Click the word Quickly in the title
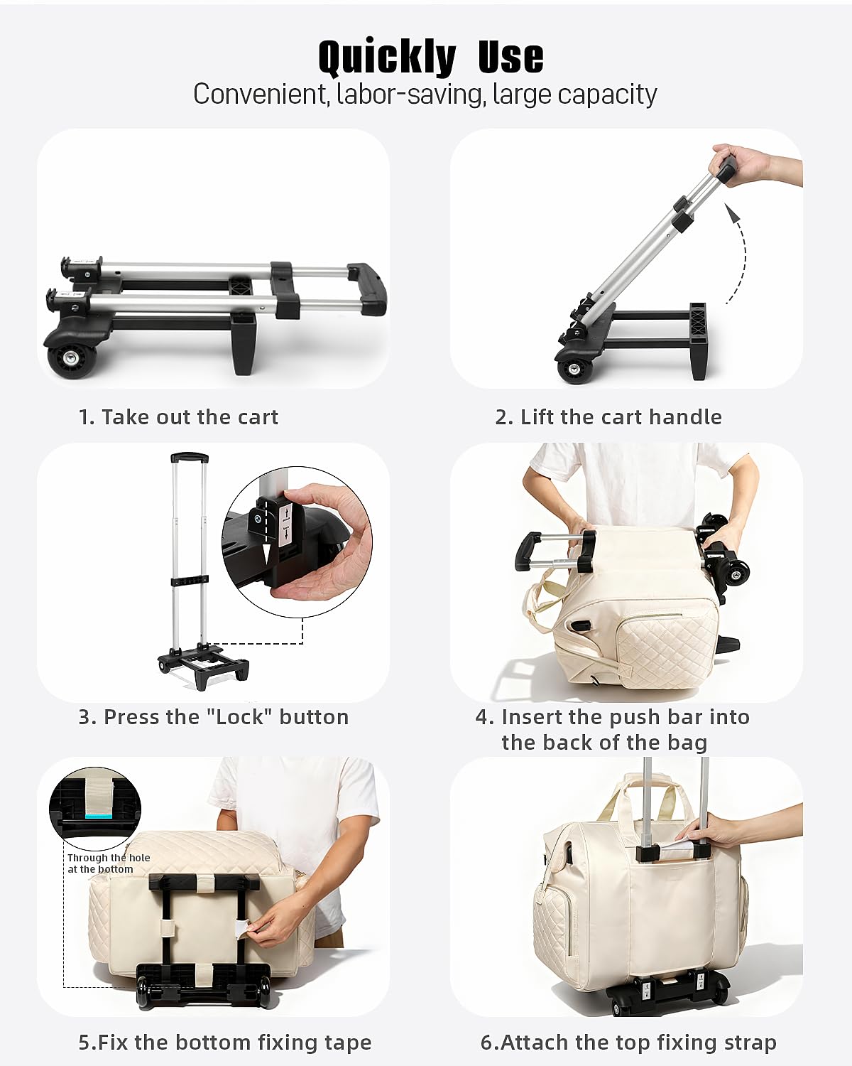point(387,57)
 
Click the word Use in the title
point(510,57)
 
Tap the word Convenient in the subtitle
point(259,95)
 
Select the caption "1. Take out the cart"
point(178,417)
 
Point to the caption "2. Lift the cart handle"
point(608,417)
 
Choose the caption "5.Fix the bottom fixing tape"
point(224,1043)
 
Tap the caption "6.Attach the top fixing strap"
point(628,1043)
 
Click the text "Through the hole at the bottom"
point(108,863)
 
